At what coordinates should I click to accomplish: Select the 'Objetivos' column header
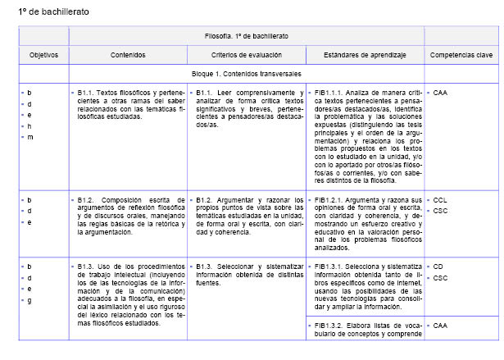pos(43,55)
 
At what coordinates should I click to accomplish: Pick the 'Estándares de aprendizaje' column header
pos(363,55)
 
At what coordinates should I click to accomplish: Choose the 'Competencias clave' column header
pos(461,55)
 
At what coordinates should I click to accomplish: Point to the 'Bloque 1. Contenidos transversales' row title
pos(246,74)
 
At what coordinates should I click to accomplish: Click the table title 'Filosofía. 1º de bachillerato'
pos(246,37)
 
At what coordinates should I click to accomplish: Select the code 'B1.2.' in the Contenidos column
pos(87,200)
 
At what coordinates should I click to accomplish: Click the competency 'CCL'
pos(440,200)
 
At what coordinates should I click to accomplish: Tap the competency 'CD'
pos(438,267)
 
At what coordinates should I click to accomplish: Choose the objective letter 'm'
pos(30,136)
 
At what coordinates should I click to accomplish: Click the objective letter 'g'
pos(30,299)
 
